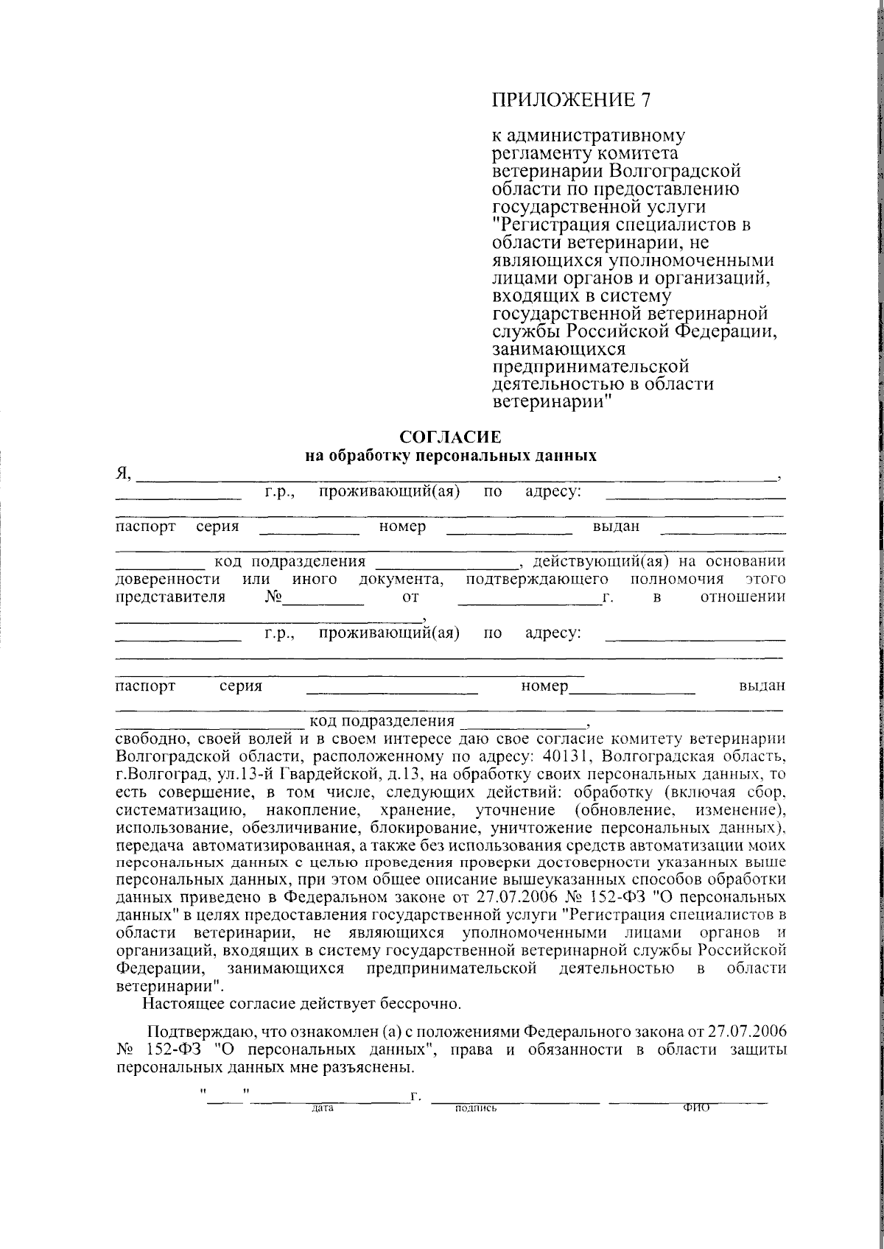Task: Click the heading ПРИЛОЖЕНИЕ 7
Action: click(x=572, y=100)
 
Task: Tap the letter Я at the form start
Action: click(x=123, y=474)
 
